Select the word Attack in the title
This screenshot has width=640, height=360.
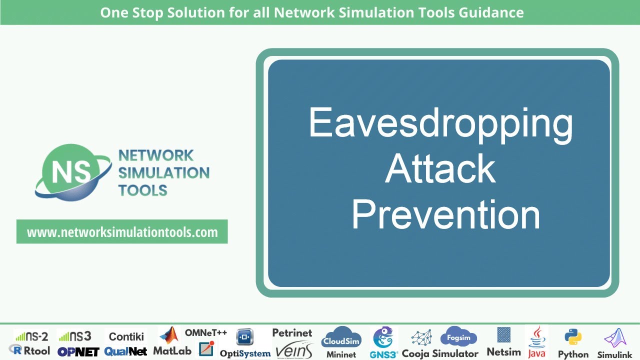coord(440,169)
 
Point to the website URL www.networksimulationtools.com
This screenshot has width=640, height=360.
coord(122,232)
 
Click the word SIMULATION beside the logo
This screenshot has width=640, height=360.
coord(163,173)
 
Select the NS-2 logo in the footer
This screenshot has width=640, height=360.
coord(31,336)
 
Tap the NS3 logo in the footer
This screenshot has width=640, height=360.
coord(74,336)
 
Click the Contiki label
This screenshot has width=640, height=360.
coord(126,336)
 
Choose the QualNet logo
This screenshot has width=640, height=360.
coord(126,351)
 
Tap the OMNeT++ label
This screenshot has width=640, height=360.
coord(206,332)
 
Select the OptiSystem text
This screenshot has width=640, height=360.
coord(245,353)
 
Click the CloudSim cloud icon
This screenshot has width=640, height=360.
coord(341,338)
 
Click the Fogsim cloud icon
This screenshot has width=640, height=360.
coord(458,337)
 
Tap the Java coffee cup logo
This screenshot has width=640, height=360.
coord(536,337)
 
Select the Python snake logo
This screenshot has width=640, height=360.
coord(573,337)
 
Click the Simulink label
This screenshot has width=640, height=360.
coord(614,354)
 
